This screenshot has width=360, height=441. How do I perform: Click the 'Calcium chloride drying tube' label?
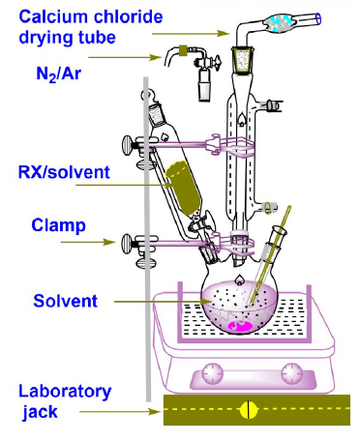pos(91,27)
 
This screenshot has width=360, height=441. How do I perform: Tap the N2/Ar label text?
pos(58,74)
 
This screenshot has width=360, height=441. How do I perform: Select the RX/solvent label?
pos(64,172)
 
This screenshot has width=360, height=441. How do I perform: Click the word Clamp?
pos(58,225)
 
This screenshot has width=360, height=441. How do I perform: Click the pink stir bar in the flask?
pos(240,326)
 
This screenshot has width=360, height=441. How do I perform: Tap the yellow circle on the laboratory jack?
pos(249,410)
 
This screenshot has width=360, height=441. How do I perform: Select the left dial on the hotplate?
pos(212,373)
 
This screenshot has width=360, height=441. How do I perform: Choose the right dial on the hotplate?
pos(291,373)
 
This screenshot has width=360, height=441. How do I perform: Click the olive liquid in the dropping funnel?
pos(183,188)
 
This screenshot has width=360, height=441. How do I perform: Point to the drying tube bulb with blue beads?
pos(280,23)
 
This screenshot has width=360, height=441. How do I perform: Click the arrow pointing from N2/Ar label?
pos(124,57)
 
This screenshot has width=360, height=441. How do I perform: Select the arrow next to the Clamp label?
pos(88,242)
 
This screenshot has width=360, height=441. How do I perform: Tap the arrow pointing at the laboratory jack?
pos(120,411)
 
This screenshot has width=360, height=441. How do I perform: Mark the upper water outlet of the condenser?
pos(272,104)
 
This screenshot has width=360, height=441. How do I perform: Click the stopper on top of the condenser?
pos(242,60)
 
